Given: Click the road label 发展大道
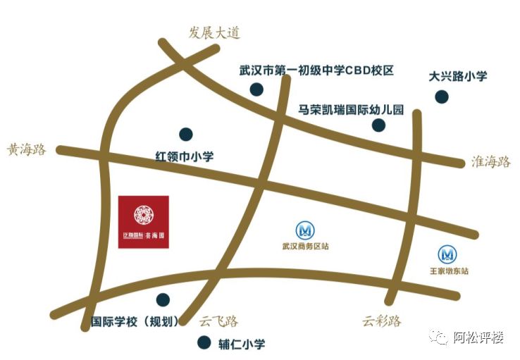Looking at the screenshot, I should tap(214, 33).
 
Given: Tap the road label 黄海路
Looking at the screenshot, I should tap(27, 149).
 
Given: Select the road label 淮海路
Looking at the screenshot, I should tap(490, 161).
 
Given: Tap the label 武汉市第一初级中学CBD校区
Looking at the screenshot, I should tap(316, 71).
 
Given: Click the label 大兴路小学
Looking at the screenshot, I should tap(458, 76).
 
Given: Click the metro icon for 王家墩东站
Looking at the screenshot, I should tap(448, 254).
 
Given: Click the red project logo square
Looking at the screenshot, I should tap(144, 221).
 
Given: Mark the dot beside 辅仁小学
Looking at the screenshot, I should tap(204, 343).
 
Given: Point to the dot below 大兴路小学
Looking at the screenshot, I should tap(441, 97).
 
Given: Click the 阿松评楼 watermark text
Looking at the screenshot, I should tap(478, 338).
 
